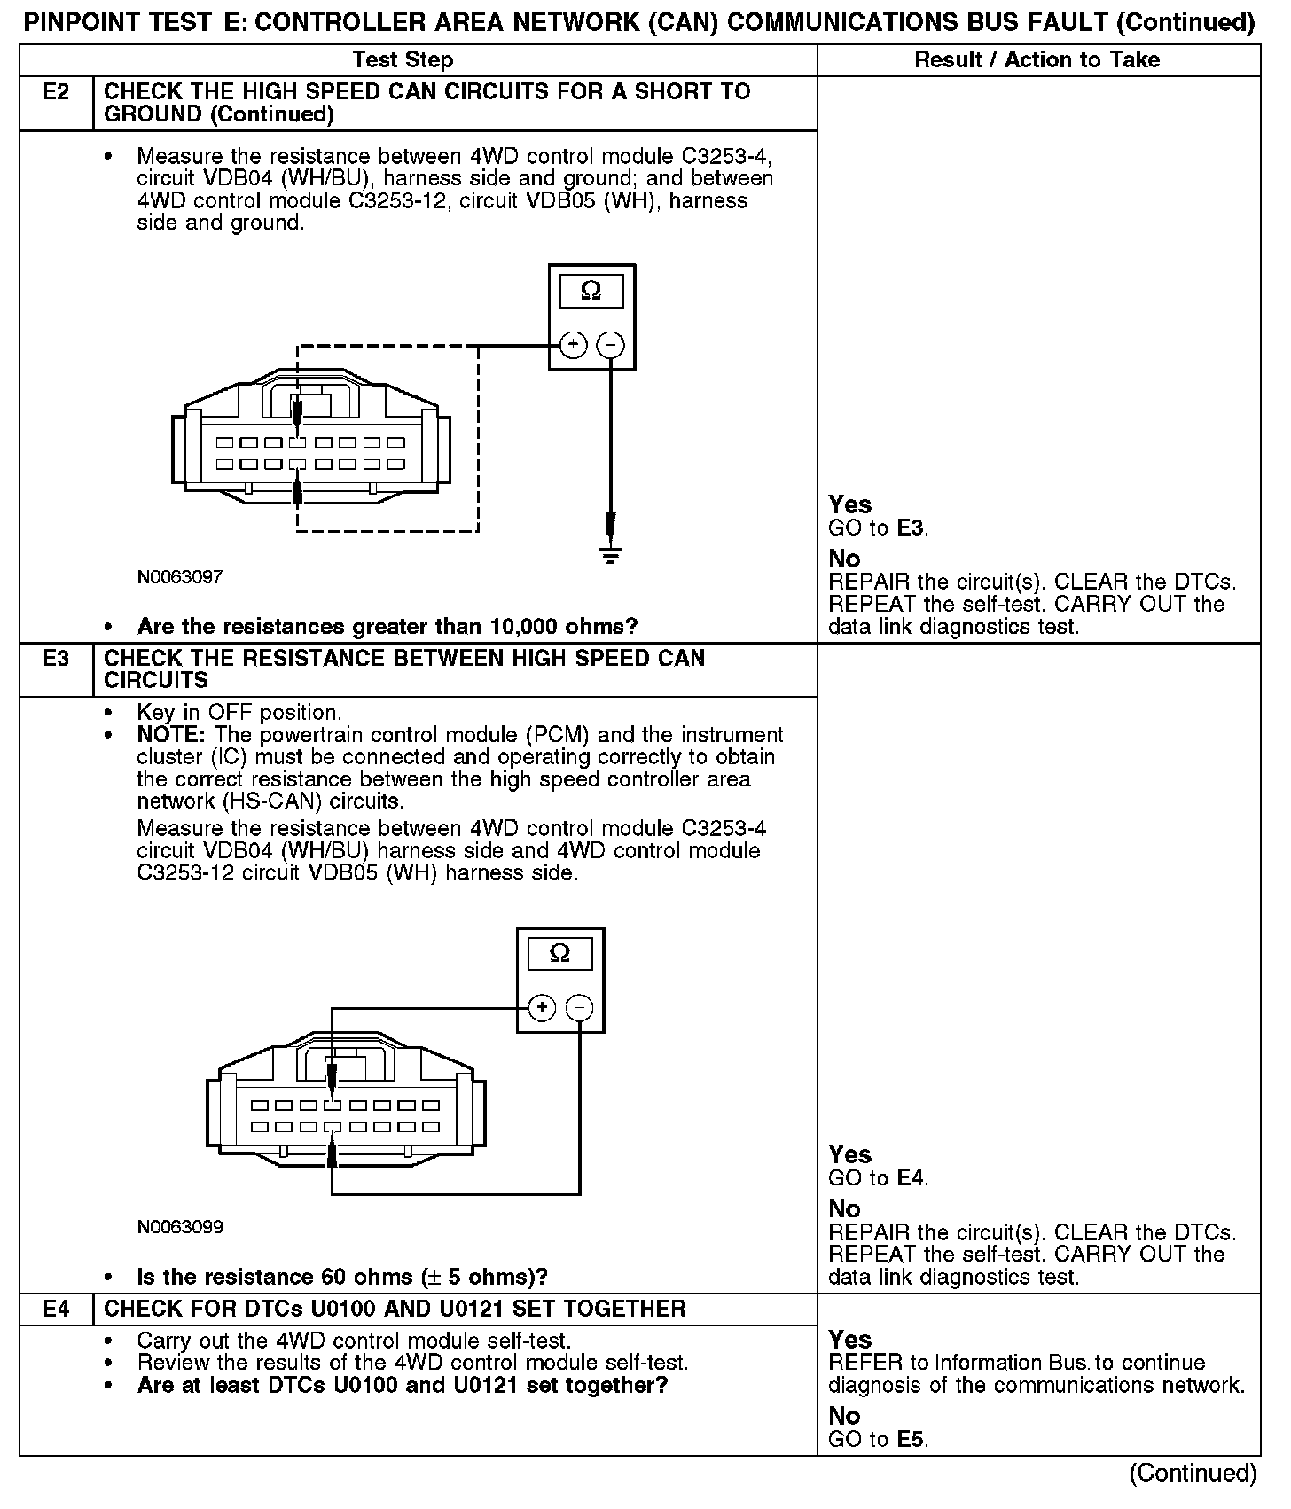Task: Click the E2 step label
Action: pos(56,92)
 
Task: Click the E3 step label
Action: pos(56,659)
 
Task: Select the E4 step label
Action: pos(56,1309)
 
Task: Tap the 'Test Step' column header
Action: pos(403,60)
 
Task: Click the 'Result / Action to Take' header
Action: pos(1037,60)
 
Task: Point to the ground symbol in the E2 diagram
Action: pos(611,556)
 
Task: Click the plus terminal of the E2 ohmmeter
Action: pos(573,345)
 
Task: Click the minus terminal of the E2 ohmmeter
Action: pos(610,345)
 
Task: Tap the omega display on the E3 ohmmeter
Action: pos(560,954)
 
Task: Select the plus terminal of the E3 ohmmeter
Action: pos(542,1008)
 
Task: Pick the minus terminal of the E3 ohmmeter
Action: pos(579,1008)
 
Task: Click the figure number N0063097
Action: pos(180,577)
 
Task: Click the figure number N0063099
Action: pos(180,1227)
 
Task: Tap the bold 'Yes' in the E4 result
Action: pos(849,1340)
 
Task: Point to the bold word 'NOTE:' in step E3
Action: pos(171,735)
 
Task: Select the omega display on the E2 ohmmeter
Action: pos(591,291)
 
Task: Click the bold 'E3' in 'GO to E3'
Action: pos(911,528)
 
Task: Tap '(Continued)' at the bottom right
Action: pos(1192,1473)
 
